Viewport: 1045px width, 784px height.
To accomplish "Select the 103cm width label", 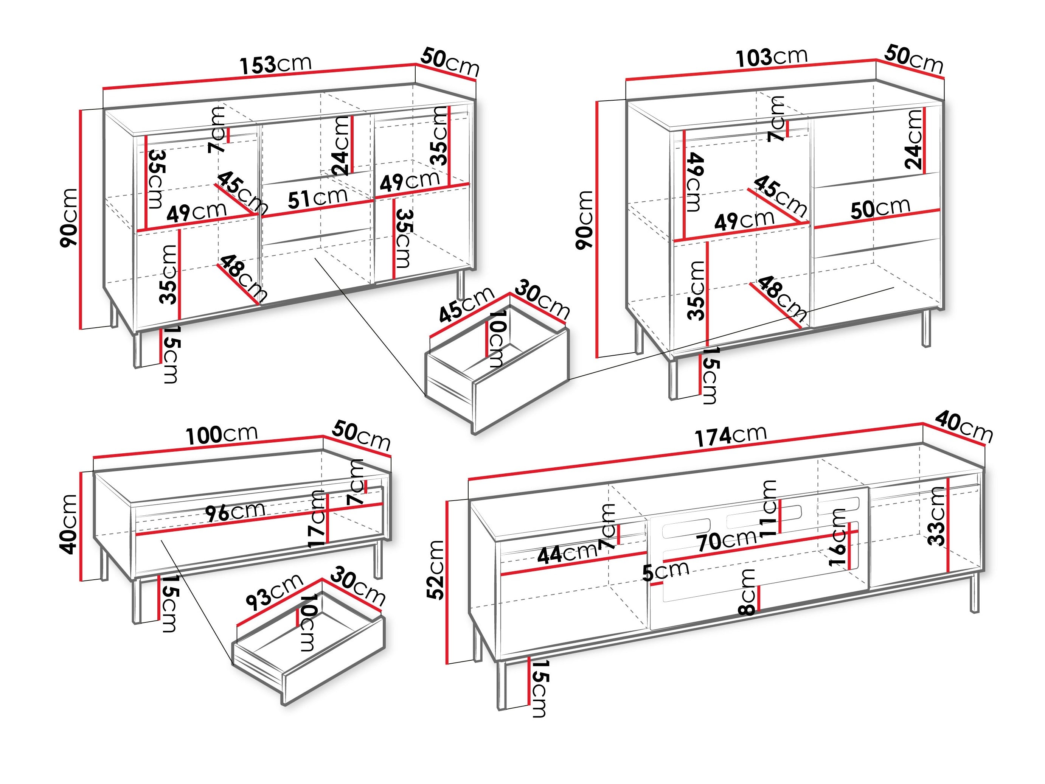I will click(771, 57).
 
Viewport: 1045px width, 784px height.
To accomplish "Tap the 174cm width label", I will click(730, 435).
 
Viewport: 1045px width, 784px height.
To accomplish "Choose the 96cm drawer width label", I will click(235, 512).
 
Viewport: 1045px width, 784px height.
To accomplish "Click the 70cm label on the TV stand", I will click(727, 541).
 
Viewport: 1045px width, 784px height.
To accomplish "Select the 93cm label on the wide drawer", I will click(273, 592).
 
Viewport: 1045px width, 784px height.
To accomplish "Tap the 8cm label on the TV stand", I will click(748, 592).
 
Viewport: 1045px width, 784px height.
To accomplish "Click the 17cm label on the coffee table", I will click(317, 519).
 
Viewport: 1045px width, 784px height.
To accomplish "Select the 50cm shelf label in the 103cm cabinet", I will click(880, 208).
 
